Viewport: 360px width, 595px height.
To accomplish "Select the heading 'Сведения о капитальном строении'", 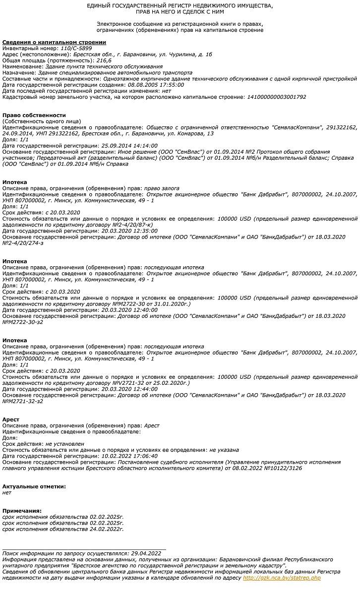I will tap(54, 43).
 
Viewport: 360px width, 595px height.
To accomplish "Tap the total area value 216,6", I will tap(104, 60).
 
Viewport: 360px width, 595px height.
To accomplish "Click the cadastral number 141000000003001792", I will tap(276, 97).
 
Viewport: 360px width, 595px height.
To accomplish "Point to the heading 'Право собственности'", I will tap(34, 115).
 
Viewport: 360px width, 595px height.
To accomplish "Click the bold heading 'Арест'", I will tap(11, 419).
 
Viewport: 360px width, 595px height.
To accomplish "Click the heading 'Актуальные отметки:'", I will tap(34, 486).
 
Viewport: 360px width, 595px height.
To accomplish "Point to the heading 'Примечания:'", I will tap(22, 511).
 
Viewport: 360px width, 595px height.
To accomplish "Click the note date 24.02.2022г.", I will tap(107, 529).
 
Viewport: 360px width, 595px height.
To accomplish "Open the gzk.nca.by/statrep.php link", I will tap(282, 578).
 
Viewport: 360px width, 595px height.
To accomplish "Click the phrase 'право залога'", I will tap(162, 188).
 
